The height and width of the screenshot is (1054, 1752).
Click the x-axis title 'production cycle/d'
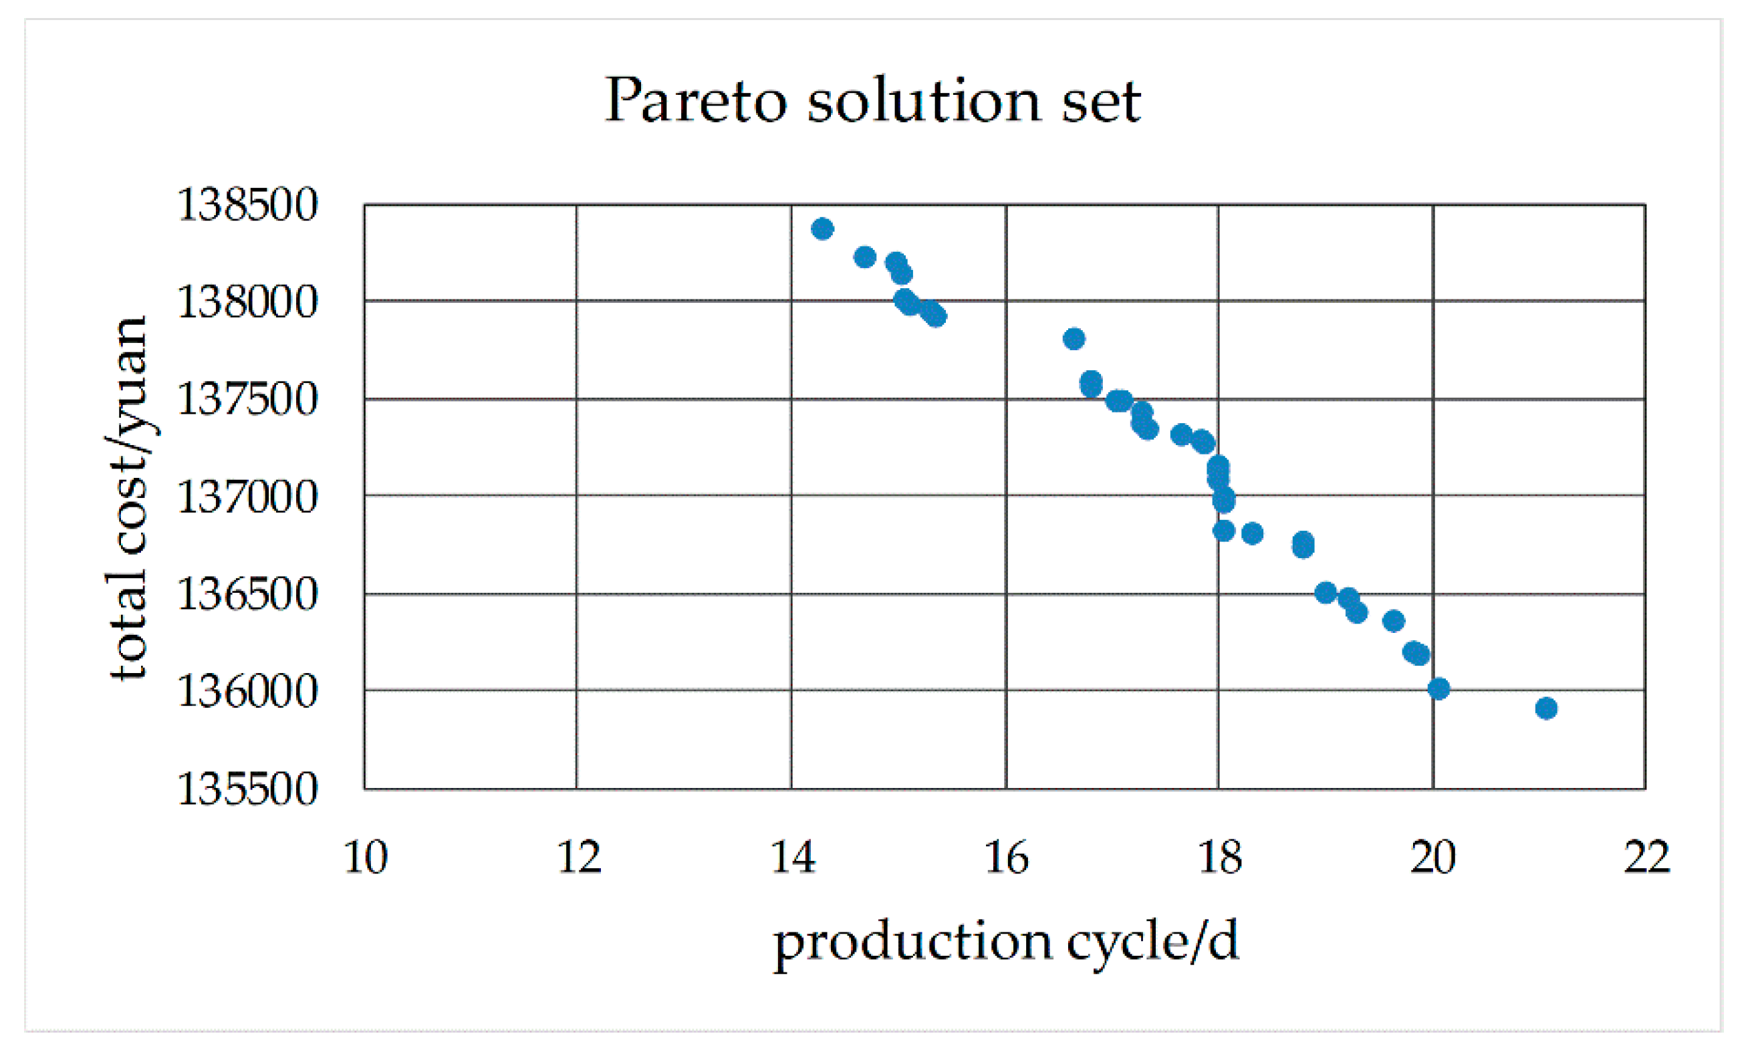point(1005,942)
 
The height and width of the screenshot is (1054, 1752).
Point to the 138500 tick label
point(247,205)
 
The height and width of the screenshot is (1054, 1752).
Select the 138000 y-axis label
point(247,302)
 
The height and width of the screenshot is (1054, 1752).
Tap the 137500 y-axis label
point(247,399)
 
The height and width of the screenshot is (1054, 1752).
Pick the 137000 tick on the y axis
point(247,497)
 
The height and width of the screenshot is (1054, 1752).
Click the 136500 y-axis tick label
point(247,594)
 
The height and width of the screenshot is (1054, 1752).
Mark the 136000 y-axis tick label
point(247,691)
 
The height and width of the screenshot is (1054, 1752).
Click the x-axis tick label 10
point(366,858)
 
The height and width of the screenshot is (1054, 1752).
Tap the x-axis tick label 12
point(579,858)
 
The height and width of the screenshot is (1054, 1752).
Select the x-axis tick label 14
point(793,858)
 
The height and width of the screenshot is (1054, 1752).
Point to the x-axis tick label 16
point(1006,858)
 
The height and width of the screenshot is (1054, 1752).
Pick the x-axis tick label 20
point(1433,858)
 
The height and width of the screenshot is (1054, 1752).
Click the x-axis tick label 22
point(1647,858)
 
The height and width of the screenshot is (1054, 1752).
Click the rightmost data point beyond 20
point(1546,708)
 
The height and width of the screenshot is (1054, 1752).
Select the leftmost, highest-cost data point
point(822,229)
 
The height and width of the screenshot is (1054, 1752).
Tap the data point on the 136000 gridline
point(1438,688)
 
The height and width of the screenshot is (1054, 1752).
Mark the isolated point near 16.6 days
point(1074,339)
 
